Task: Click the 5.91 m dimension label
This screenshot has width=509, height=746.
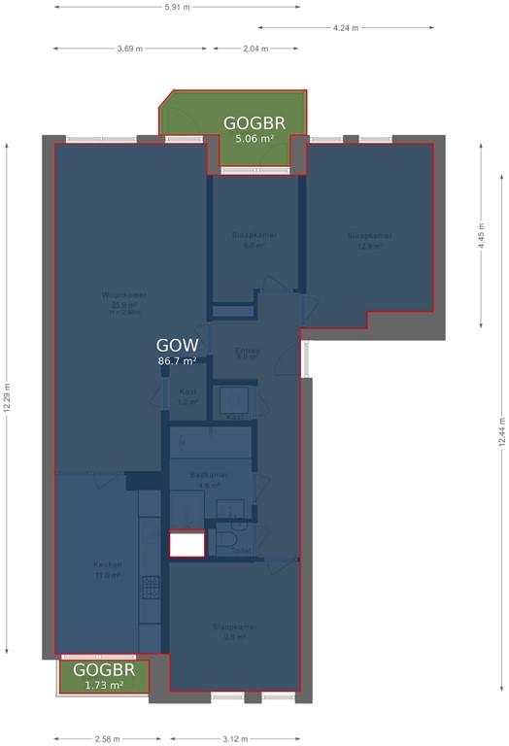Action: (x=178, y=7)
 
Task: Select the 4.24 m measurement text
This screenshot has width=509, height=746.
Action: (x=345, y=28)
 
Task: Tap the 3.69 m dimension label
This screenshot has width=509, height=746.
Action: (x=131, y=49)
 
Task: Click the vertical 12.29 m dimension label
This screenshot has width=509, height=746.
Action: (x=7, y=395)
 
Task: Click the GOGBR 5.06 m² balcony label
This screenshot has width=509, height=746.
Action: (x=254, y=129)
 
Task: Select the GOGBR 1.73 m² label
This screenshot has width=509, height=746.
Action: (x=104, y=677)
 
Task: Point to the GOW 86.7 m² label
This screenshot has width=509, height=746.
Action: (x=178, y=352)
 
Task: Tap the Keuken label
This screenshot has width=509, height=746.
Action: (x=106, y=569)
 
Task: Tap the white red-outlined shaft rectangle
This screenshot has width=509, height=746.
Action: (x=187, y=544)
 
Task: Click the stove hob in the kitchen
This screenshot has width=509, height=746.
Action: (x=151, y=587)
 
